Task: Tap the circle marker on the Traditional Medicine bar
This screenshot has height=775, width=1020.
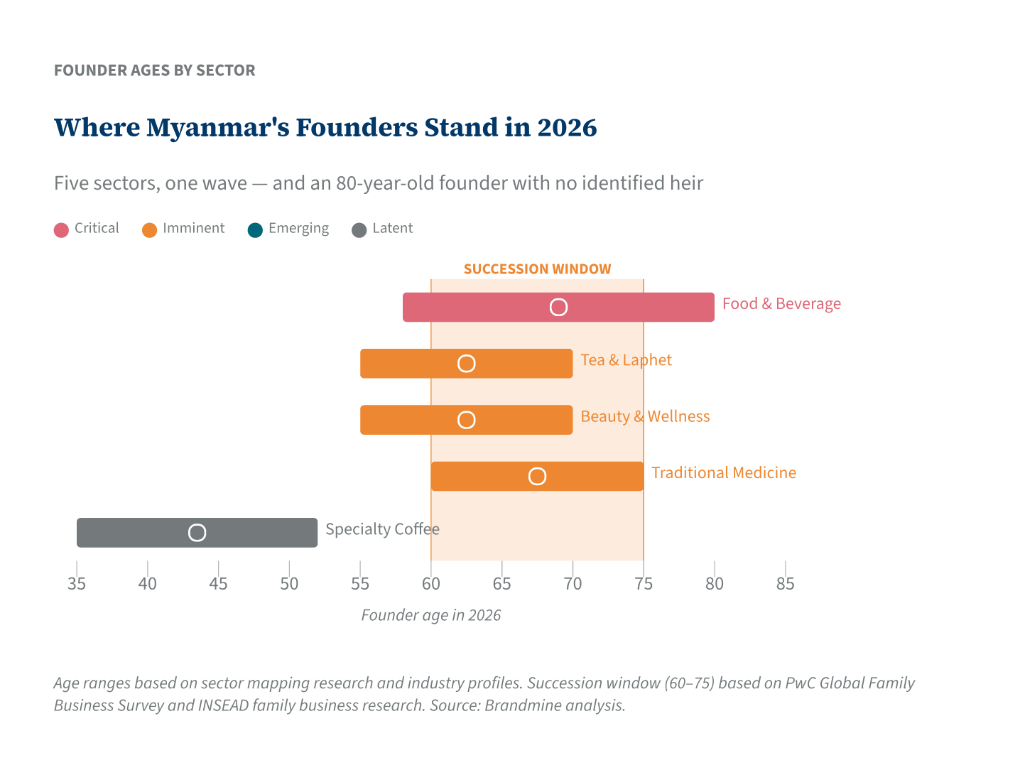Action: (537, 477)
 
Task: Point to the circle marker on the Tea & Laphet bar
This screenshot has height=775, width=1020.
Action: (466, 364)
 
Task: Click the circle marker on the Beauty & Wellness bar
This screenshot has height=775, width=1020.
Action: (466, 420)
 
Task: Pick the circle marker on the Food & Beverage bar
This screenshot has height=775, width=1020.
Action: (559, 307)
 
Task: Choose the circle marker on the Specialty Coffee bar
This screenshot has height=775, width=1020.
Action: (197, 533)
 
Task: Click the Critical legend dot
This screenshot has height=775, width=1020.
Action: (61, 229)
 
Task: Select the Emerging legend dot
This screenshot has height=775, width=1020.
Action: (255, 229)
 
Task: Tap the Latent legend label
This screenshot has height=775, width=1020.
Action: (392, 229)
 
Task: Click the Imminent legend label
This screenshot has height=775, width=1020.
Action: (193, 229)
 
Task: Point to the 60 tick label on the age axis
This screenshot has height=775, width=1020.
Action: (430, 584)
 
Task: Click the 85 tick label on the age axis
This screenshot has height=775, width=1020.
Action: (785, 584)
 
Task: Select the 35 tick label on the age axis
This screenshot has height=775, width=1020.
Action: (77, 584)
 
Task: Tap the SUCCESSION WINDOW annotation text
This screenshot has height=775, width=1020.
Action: (537, 269)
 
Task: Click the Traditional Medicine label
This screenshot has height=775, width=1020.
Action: (723, 473)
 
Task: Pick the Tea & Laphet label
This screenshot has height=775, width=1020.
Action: (626, 360)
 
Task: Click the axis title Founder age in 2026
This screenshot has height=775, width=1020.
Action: (430, 615)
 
